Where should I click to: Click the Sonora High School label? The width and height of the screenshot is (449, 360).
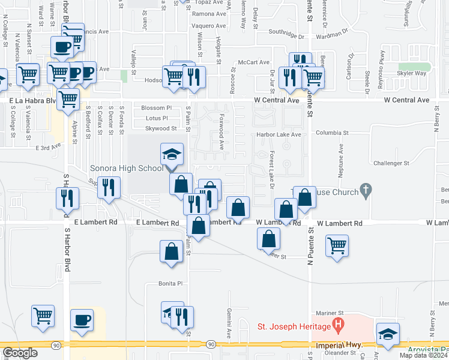coord(126,169)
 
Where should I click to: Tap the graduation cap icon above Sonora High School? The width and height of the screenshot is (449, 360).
coord(172,155)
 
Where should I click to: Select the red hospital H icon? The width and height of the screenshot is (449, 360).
coord(339,326)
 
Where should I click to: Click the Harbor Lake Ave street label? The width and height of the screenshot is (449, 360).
coord(279,134)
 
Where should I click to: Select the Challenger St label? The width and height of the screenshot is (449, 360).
coord(391,163)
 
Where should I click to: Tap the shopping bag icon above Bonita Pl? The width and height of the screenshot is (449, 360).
coord(171,251)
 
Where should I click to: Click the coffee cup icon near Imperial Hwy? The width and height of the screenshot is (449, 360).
coord(82,320)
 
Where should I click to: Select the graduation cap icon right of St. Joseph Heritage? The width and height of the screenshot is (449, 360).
coord(388,335)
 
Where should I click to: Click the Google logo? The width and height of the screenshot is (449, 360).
coord(20,353)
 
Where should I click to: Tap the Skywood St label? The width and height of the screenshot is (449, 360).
coord(157,128)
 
